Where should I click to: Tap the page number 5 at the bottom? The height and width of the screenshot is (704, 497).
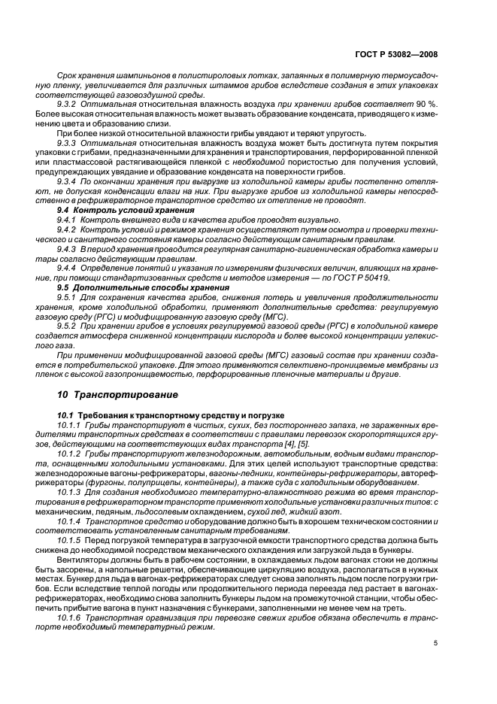pyautogui.click(x=436, y=643)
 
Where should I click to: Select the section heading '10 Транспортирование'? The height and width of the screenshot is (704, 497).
pyautogui.click(x=117, y=394)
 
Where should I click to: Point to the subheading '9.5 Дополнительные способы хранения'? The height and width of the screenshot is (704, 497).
pyautogui.click(x=132, y=287)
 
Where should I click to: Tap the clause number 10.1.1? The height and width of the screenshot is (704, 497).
pyautogui.click(x=72, y=426)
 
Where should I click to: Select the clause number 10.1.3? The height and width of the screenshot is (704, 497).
pyautogui.click(x=72, y=491)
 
